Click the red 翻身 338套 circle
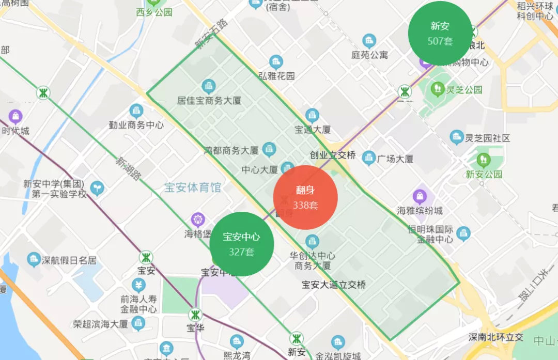point(305,198)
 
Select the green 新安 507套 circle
point(440,34)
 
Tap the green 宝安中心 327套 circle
point(241,244)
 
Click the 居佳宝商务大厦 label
point(209,100)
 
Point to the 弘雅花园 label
point(276,76)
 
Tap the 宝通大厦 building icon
point(312,115)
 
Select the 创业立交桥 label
point(333,155)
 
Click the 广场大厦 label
point(395,159)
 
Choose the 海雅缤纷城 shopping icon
point(420,197)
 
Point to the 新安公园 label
point(484,174)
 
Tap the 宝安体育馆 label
point(193,187)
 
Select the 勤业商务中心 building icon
point(136,111)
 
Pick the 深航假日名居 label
point(69,260)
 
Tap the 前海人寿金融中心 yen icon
point(138,285)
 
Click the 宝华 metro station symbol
point(195,315)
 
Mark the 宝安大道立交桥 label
point(334,284)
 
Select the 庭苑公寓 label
point(369,54)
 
